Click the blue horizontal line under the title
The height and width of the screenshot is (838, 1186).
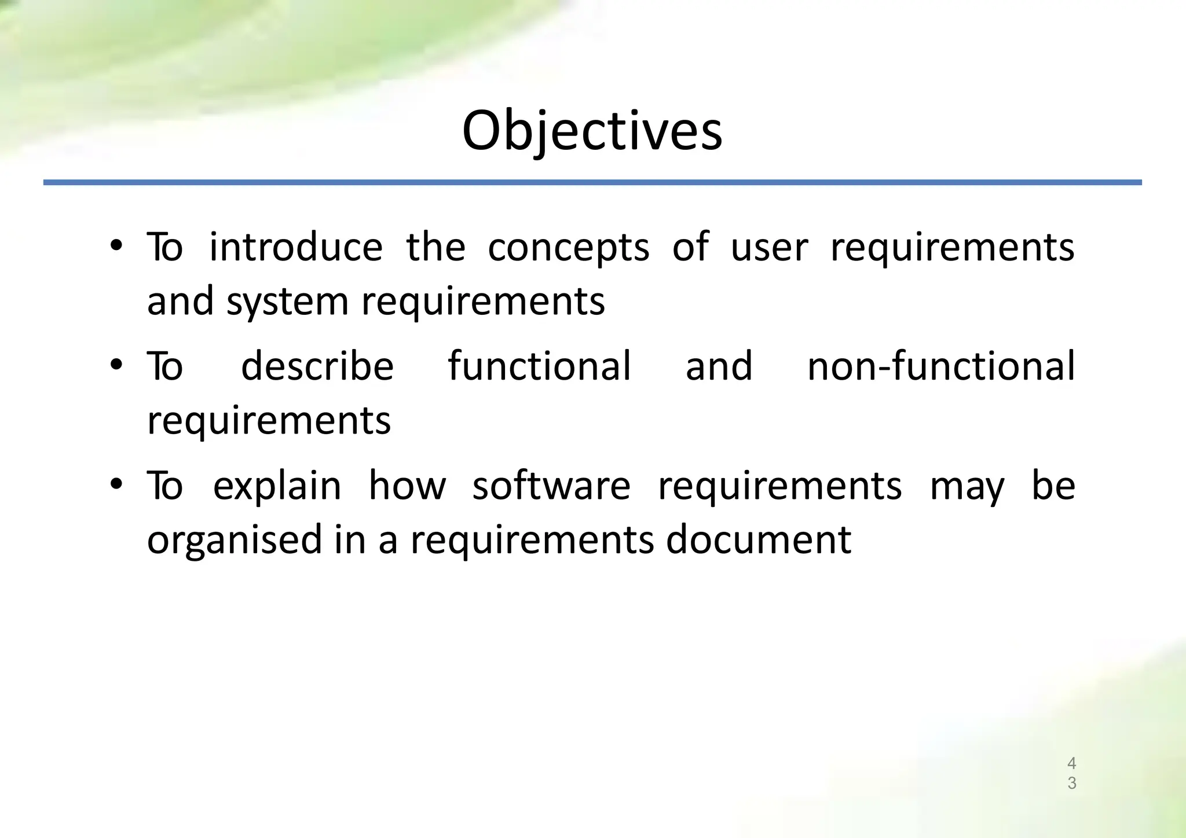click(592, 182)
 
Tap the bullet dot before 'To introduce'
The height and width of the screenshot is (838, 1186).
click(116, 245)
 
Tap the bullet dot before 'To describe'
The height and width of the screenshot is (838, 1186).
click(116, 365)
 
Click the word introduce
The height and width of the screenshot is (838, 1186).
click(295, 247)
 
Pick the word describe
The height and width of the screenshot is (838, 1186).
click(317, 366)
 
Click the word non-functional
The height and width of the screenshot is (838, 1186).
click(940, 366)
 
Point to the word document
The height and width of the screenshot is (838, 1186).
click(758, 539)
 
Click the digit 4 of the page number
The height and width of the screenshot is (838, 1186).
click(1071, 763)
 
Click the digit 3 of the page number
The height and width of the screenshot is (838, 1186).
click(1071, 783)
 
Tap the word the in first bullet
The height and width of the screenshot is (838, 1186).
click(435, 247)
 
